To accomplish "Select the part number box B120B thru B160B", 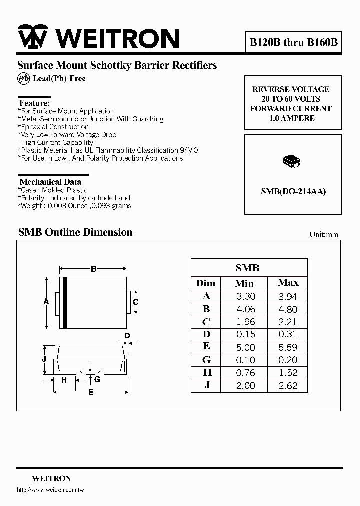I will (294, 42).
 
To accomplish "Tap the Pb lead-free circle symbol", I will (23, 78).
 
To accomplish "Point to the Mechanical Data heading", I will (50, 182).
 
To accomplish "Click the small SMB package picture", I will (291, 161).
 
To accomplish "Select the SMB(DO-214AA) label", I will (293, 191).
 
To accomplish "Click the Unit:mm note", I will (324, 234).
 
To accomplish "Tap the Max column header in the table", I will (288, 283).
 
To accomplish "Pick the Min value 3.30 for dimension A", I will (245, 296).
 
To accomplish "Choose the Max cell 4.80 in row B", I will (288, 309).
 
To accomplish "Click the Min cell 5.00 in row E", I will (245, 347).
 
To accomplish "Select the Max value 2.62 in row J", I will (288, 385).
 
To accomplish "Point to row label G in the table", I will (206, 360).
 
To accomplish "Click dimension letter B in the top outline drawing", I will (93, 269).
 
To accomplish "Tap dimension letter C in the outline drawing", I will (135, 302).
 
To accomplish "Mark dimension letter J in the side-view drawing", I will (44, 359).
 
